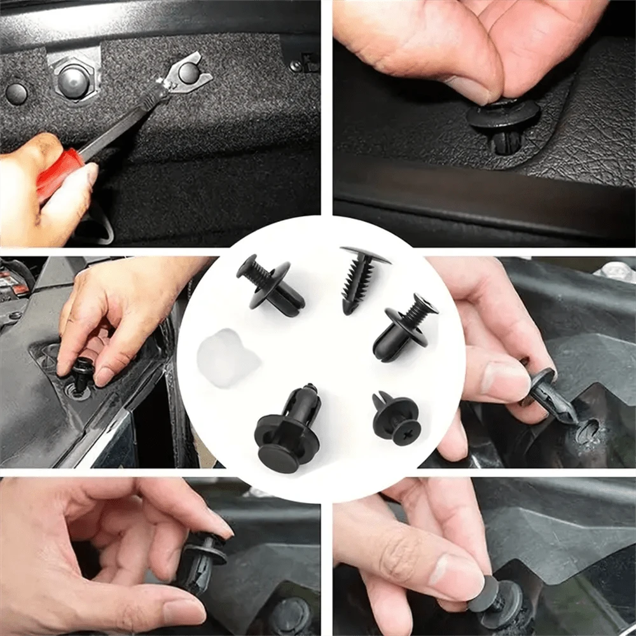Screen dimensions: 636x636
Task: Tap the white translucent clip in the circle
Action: (228, 359)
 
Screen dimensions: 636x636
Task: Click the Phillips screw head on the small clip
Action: (405, 432)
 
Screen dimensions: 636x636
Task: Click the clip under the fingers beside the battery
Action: (83, 376)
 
